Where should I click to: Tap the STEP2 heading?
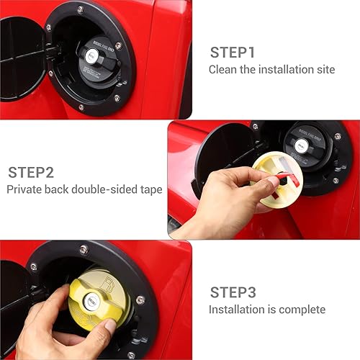pos(32,172)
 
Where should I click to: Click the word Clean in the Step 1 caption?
pos(222,70)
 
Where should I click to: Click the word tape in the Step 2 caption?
pos(151,189)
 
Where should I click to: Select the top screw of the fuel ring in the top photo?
pos(80,9)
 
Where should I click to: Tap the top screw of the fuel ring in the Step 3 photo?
pos(84,250)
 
